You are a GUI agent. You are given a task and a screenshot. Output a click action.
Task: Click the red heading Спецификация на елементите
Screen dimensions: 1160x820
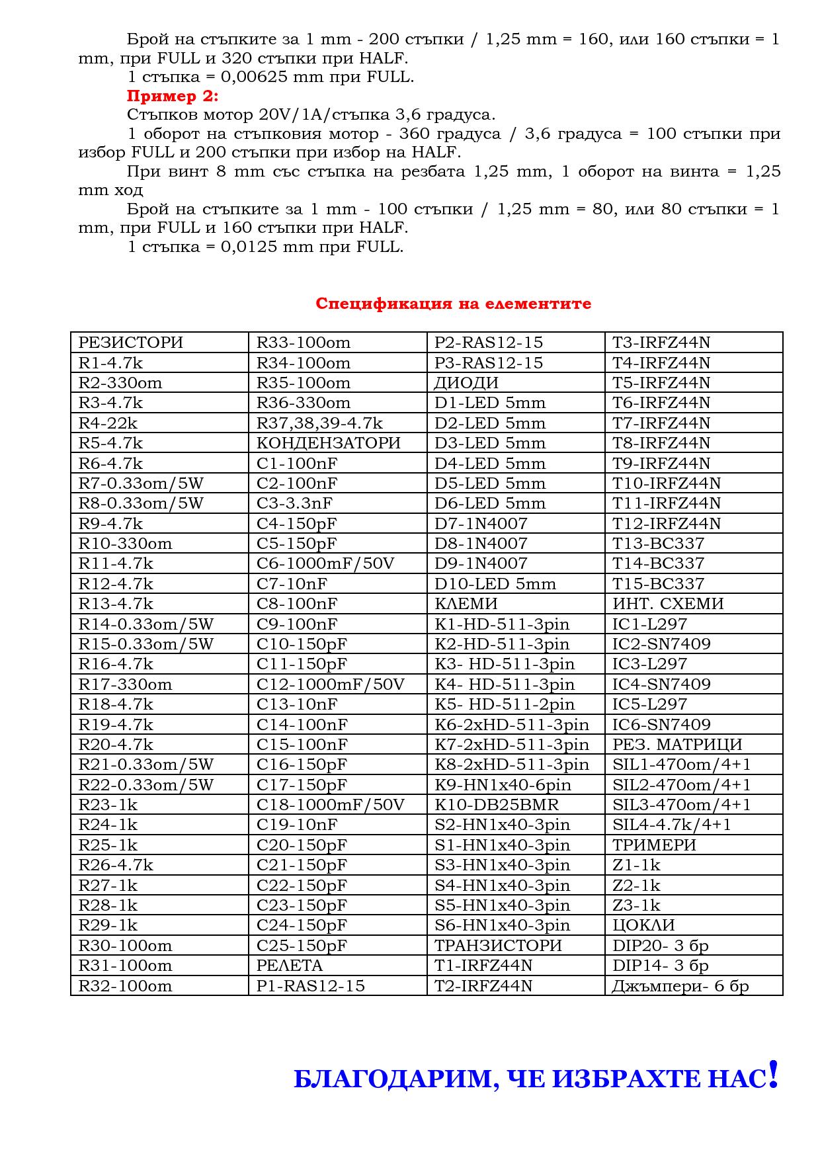(x=453, y=304)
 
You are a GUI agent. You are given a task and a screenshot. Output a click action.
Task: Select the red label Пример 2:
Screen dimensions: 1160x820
(x=172, y=96)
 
